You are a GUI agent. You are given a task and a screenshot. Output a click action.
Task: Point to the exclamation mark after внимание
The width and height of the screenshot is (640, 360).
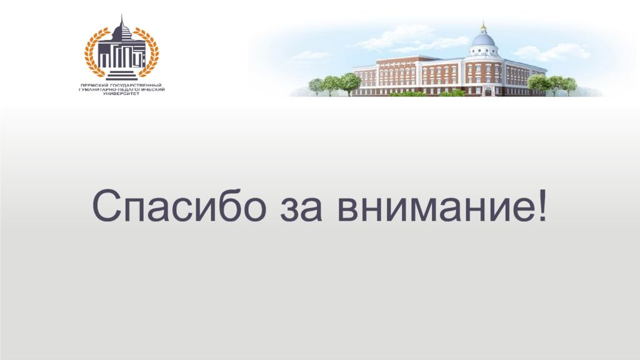542,206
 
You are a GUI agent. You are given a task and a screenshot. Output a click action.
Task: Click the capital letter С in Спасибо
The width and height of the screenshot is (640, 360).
107,206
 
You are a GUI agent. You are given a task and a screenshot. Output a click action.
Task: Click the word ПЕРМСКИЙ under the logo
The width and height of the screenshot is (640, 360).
94,85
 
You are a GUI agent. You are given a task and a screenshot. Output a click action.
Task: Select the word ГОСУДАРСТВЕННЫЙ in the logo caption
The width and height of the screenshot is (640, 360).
136,85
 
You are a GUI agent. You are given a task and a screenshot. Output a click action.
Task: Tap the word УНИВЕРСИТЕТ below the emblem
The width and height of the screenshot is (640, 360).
122,94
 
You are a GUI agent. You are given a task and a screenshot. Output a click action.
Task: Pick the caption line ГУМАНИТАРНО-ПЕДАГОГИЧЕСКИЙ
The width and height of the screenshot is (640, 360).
122,89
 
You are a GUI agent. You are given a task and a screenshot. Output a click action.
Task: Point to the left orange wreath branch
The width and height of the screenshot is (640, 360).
93,52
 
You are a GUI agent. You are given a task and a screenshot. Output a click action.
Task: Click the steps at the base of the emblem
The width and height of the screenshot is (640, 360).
122,76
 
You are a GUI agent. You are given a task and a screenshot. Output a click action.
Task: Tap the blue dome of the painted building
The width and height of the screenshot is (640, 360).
483,39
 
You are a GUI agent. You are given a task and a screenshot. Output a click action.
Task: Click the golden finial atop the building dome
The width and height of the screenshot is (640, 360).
483,26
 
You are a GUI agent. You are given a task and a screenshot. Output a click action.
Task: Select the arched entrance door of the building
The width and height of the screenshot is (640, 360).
488,91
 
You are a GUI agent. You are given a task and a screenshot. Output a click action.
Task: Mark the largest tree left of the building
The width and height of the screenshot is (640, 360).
350,83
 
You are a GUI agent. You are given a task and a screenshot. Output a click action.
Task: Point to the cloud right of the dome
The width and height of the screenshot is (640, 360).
551,52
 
